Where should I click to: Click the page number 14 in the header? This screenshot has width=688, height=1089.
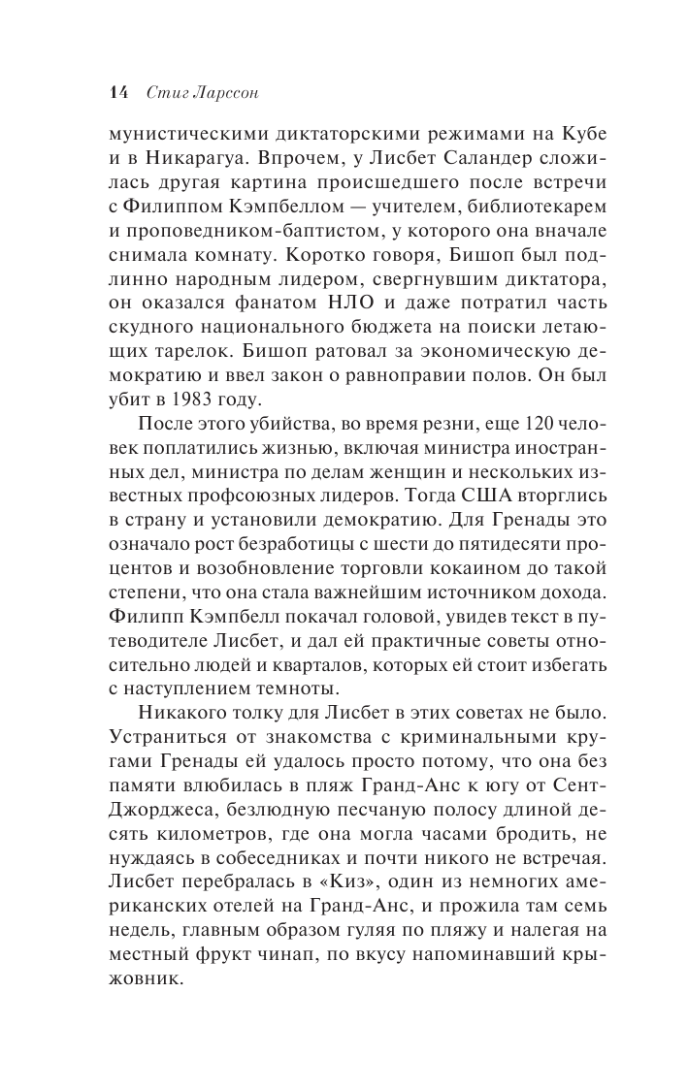click(x=119, y=93)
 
